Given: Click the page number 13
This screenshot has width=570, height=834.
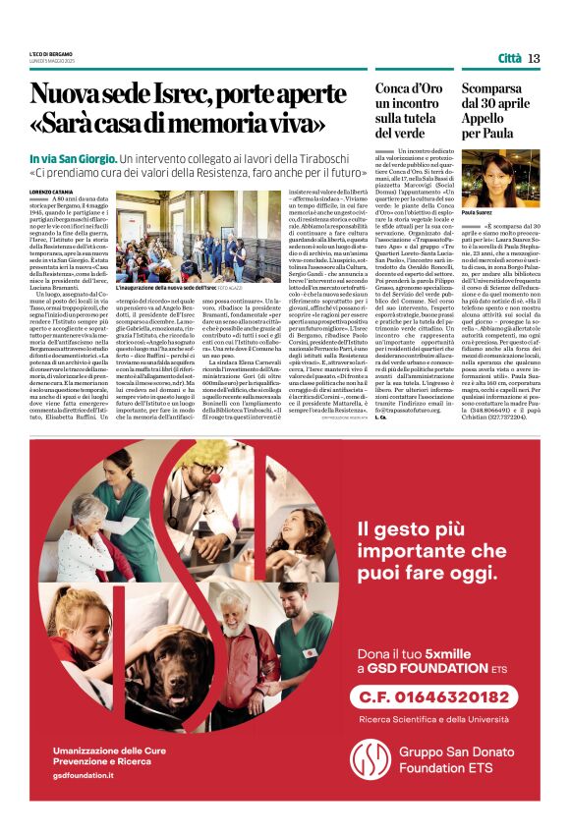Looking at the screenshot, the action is click(534, 58).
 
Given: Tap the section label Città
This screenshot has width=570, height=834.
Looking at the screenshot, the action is click(509, 58).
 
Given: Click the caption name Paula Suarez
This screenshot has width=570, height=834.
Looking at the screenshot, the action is click(477, 212).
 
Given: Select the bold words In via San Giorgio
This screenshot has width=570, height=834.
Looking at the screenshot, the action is click(71, 158).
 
